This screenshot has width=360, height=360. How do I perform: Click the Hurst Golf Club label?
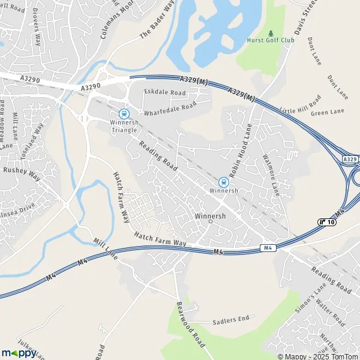pyautogui.click(x=271, y=40)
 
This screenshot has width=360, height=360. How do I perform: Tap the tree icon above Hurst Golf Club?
pyautogui.click(x=271, y=32)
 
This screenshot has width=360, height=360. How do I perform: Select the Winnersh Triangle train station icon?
pyautogui.click(x=124, y=113)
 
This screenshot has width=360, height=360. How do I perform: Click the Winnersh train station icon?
pyautogui.click(x=223, y=181)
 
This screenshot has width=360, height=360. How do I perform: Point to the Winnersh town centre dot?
pyautogui.click(x=210, y=221)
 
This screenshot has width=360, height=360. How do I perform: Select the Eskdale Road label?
pyautogui.click(x=165, y=93)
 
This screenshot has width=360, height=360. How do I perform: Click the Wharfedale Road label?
pyautogui.click(x=170, y=108)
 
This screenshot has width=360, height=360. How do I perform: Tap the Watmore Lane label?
pyautogui.click(x=271, y=175)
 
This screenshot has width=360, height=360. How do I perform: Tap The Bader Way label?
pyautogui.click(x=157, y=27)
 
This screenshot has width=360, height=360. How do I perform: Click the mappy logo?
pyautogui.click(x=19, y=352)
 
